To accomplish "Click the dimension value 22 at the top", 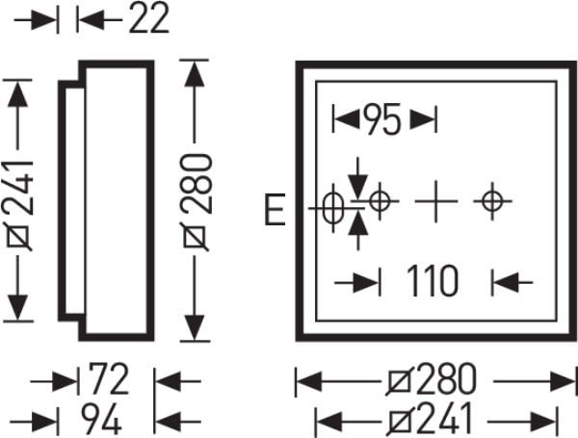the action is (x=149, y=17).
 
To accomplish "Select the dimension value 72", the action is (x=109, y=378).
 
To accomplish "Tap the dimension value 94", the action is (x=101, y=419).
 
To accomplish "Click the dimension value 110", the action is (x=433, y=281).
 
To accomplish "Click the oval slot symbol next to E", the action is (x=333, y=208).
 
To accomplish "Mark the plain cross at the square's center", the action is (x=436, y=201).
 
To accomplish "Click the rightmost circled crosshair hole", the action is (x=493, y=201).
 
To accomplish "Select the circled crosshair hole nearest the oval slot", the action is (x=380, y=201).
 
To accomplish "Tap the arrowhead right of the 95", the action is (x=423, y=119).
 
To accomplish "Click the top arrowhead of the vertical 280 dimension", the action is (x=195, y=73).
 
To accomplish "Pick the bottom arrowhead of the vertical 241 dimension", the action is (x=17, y=308).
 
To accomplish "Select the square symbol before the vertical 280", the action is (x=195, y=237).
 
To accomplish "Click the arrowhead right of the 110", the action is (x=506, y=283).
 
